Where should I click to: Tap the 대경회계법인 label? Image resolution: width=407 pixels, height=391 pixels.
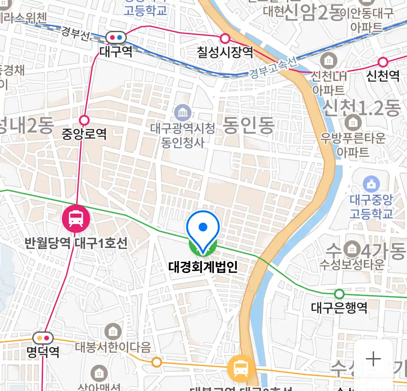coord(203,267)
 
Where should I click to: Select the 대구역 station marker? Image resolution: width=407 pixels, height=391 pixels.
coord(116,37)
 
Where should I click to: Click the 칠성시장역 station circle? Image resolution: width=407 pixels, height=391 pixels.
coord(225,38)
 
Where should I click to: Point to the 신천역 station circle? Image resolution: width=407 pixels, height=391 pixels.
coord(383,62)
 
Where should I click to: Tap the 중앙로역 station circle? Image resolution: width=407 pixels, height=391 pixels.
coord(84,120)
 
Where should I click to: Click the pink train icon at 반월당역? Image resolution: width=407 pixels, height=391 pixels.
coord(76,218)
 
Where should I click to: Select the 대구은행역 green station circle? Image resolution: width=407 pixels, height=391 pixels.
coord(339,293)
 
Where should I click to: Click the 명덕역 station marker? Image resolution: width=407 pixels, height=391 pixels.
coord(43,338)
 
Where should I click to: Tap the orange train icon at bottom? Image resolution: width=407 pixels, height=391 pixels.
coord(241,369)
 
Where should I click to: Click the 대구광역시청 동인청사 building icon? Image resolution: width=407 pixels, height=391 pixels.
coord(183,113)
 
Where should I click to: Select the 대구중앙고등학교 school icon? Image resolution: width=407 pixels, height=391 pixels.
coord(371,185)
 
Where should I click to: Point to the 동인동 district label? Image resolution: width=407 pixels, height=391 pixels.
coord(248,126)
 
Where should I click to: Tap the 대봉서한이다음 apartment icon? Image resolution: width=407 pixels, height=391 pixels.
coord(113,331)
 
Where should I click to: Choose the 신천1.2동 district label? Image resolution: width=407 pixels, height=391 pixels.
coord(361,108)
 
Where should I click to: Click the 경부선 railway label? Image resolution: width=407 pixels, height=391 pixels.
coord(75,33)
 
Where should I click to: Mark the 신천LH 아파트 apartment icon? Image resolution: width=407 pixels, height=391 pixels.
coord(328,60)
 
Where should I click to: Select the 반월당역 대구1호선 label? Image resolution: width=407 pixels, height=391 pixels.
coord(76,243)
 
